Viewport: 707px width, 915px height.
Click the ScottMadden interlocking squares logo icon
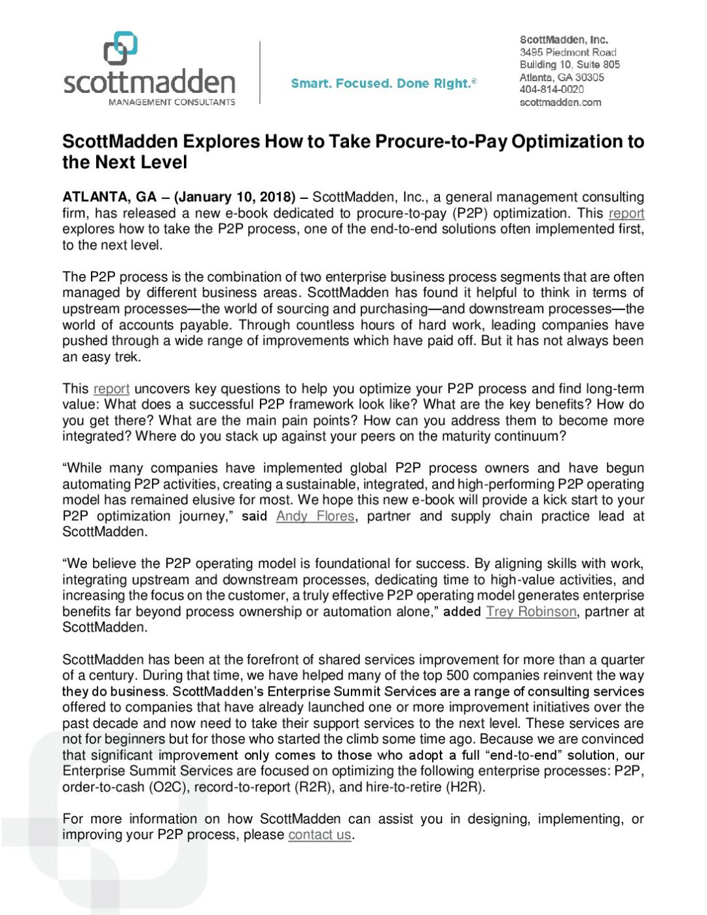coord(120,50)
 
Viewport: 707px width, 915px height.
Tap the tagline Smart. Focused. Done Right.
coord(384,83)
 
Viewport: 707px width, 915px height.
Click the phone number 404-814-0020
coord(551,90)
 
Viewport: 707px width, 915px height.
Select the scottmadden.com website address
coord(560,102)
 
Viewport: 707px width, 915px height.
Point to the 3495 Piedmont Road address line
coord(568,52)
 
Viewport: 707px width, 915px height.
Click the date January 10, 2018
coord(234,197)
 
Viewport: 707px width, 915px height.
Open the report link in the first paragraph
coord(626,213)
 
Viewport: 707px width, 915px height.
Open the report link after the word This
coord(111,389)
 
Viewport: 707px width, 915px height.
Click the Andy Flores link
coord(315,516)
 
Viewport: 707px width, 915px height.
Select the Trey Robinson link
coord(531,611)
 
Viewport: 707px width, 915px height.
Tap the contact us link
coord(319,834)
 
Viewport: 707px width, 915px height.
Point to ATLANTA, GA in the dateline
coord(109,197)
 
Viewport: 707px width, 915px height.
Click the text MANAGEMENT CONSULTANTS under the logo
coord(172,102)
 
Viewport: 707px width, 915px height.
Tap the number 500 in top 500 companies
coord(457,675)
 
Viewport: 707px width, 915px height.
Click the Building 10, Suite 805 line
coord(570,65)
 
